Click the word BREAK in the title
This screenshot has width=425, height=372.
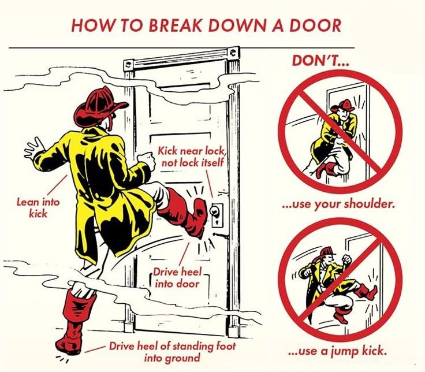[176, 25]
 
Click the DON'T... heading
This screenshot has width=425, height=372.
[320, 61]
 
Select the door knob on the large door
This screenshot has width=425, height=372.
[215, 210]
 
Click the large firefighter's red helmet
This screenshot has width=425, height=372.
[99, 105]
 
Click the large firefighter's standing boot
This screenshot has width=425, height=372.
[74, 322]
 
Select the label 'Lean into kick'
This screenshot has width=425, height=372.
[38, 208]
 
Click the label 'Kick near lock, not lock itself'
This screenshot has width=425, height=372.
[192, 157]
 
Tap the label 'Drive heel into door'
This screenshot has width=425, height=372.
[177, 278]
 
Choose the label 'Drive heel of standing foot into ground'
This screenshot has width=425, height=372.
[173, 352]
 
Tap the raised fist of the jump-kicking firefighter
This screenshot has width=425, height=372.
[346, 260]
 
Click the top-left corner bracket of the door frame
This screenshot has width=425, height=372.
[128, 65]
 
